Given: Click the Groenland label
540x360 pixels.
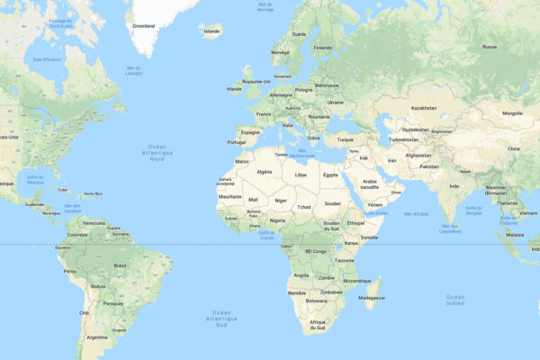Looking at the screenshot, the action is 144,28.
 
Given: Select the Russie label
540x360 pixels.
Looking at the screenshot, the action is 490,46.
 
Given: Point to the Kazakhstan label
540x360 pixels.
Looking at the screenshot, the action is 424,108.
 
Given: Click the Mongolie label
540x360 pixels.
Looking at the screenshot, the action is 512,113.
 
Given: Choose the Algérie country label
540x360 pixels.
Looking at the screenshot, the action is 265,171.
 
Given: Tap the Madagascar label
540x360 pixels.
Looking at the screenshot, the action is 372,297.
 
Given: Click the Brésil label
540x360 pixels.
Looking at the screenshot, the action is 120,266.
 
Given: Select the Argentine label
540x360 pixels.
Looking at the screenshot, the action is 96,337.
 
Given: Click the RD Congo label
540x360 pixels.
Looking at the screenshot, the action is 316,251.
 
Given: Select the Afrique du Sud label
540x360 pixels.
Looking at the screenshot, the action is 318,325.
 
